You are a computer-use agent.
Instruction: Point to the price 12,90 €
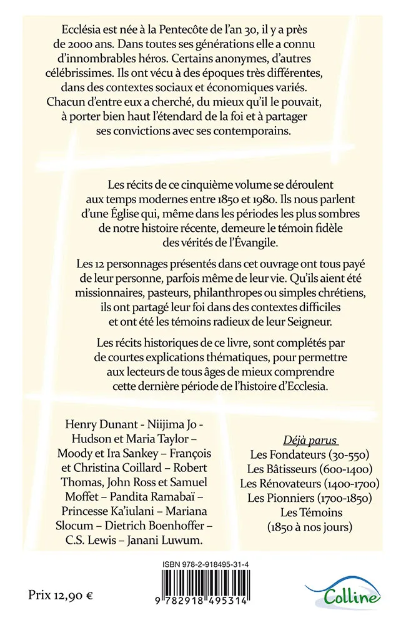tap(60, 594)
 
